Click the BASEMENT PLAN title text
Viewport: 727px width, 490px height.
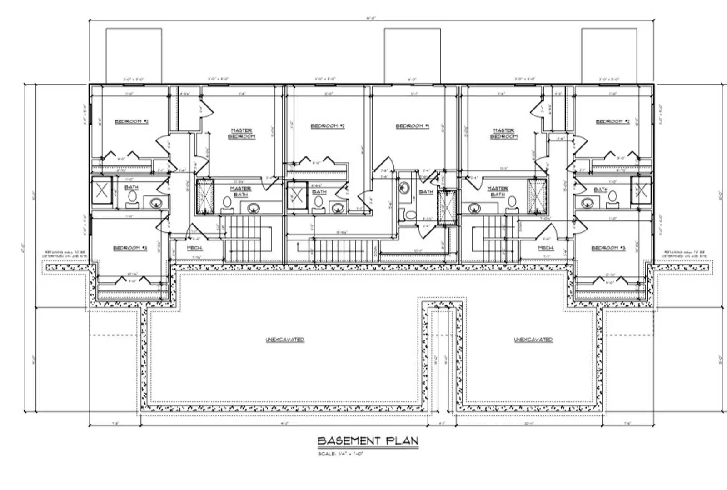click(x=368, y=441)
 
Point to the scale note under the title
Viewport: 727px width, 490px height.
click(x=341, y=454)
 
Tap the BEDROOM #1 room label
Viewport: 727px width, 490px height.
click(x=413, y=126)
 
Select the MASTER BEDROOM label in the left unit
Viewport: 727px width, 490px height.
click(x=241, y=134)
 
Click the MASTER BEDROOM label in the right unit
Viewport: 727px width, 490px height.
click(x=503, y=134)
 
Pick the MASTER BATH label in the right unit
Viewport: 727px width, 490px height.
click(x=498, y=191)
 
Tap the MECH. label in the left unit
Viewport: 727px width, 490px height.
click(x=195, y=248)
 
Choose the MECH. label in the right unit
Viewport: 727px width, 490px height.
click(x=546, y=248)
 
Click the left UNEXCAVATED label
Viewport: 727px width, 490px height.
click(x=285, y=340)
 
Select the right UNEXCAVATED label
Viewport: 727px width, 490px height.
click(x=533, y=340)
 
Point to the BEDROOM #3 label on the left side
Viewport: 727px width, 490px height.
click(x=130, y=248)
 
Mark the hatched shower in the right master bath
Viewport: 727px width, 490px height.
click(x=537, y=196)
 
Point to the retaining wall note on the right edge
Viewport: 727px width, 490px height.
click(x=684, y=254)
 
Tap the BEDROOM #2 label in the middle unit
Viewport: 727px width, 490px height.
click(x=328, y=126)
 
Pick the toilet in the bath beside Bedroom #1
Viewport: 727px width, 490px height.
click(x=411, y=215)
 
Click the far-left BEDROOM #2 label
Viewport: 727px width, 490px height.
click(x=132, y=121)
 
